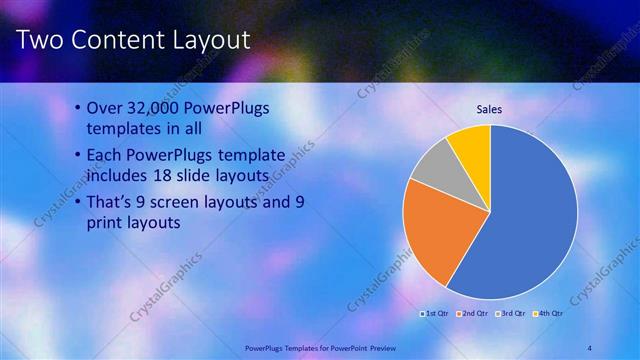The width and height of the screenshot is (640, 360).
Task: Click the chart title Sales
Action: tap(489, 109)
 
